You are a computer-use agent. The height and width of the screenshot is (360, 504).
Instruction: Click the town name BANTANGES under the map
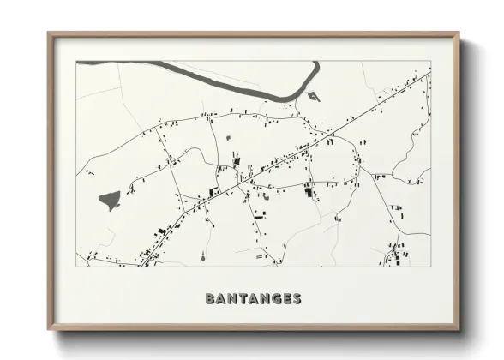tap(253, 299)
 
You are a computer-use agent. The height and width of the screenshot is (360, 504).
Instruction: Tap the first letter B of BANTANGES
tap(210, 299)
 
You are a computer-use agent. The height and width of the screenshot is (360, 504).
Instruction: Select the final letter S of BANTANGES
tap(297, 299)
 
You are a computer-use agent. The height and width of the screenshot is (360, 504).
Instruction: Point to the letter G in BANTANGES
tap(274, 299)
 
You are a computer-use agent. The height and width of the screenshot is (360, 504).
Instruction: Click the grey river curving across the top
tap(223, 81)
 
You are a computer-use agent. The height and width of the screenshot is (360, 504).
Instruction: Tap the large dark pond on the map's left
tap(109, 201)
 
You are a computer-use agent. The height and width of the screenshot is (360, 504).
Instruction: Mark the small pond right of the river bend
tap(314, 96)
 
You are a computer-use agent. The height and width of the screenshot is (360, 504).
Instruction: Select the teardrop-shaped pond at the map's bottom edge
tap(203, 255)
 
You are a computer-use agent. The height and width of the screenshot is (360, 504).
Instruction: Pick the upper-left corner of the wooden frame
tap(49, 34)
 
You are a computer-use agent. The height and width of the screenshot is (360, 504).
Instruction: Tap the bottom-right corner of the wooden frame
tap(458, 328)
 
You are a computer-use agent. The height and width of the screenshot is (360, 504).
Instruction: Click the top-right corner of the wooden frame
tap(458, 34)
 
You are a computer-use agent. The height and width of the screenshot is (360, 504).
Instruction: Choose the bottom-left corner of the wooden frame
tap(49, 328)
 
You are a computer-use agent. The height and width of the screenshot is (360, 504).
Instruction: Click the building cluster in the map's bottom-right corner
tap(396, 255)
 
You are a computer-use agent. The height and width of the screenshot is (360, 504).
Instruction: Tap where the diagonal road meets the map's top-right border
tap(429, 73)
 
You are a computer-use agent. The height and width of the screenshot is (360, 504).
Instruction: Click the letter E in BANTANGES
tap(285, 299)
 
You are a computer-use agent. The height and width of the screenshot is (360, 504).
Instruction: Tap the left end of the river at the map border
tap(79, 63)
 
